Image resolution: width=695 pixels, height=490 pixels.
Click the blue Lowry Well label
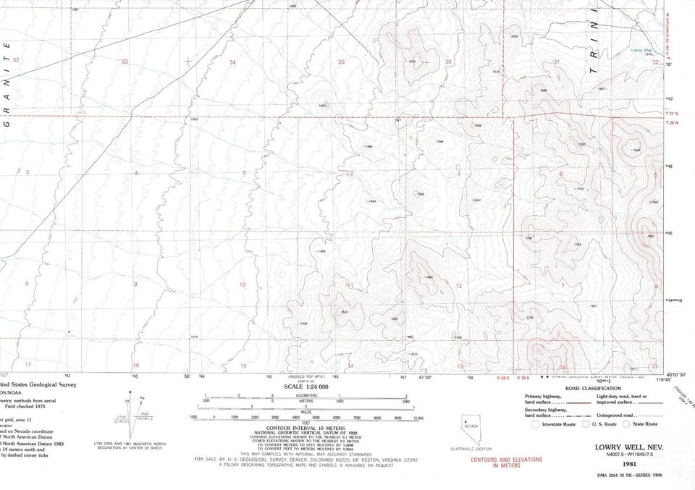pyautogui.click(x=641, y=50)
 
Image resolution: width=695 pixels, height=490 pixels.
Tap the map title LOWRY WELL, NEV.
pyautogui.click(x=625, y=447)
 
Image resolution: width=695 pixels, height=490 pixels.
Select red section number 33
pyautogui.click(x=125, y=62)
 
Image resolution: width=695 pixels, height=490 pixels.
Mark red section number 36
pyautogui.click(x=448, y=62)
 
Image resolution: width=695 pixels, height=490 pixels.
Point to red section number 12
pyautogui.click(x=459, y=286)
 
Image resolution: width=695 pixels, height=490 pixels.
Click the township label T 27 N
pyautogui.click(x=672, y=114)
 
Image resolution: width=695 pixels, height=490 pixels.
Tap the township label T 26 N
pyautogui.click(x=672, y=123)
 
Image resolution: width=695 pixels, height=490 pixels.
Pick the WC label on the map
pyautogui.click(x=410, y=337)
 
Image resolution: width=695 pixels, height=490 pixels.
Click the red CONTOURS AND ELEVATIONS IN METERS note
pyautogui.click(x=507, y=462)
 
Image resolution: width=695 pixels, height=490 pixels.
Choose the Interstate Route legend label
pyautogui.click(x=559, y=424)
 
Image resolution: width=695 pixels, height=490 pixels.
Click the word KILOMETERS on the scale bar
pyautogui.click(x=307, y=396)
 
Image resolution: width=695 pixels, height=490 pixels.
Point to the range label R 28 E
pyautogui.click(x=503, y=378)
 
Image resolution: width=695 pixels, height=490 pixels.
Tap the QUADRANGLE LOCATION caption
pyautogui.click(x=471, y=449)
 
